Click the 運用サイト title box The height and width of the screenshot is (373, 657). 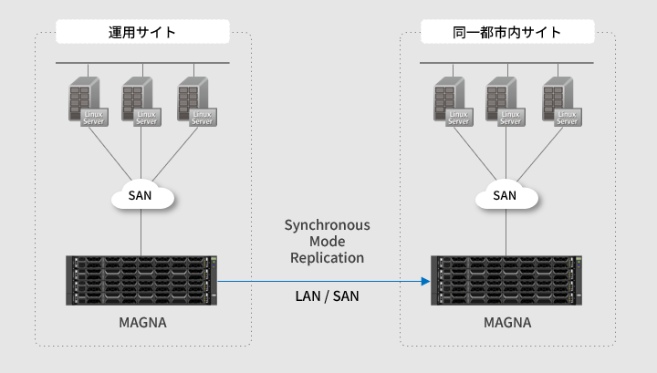142,33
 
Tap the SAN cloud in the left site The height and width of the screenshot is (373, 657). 141,195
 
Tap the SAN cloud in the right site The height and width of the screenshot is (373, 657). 505,195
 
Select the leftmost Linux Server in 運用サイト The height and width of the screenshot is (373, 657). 88,101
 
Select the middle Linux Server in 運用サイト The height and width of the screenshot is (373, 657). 141,101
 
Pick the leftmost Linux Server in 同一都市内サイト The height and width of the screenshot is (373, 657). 452,101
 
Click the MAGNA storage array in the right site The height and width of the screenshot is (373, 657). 507,281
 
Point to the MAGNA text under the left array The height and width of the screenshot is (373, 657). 142,323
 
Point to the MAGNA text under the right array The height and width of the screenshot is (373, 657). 507,323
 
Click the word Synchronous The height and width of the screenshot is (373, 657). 327,224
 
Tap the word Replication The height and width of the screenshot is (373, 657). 327,258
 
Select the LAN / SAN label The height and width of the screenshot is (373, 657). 327,296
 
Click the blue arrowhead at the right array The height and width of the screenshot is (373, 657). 425,282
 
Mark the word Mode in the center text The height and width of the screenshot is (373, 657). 327,242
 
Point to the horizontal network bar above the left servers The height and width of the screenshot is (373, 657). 142,63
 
